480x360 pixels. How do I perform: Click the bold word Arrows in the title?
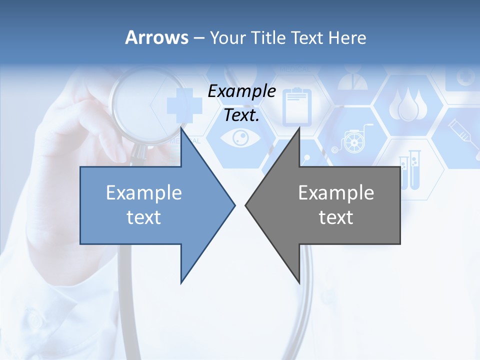coord(156,37)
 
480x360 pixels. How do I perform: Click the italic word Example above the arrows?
coord(241,91)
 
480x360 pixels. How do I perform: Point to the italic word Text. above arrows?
coord(241,115)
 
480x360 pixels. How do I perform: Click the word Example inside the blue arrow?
coord(143,193)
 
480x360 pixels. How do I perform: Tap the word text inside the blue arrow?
coord(143,217)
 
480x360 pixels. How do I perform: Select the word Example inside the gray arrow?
coord(336,193)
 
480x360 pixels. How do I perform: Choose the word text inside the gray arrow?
coord(336,217)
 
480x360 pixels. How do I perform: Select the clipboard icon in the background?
coord(297,106)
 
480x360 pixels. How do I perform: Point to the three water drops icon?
coord(408,105)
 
